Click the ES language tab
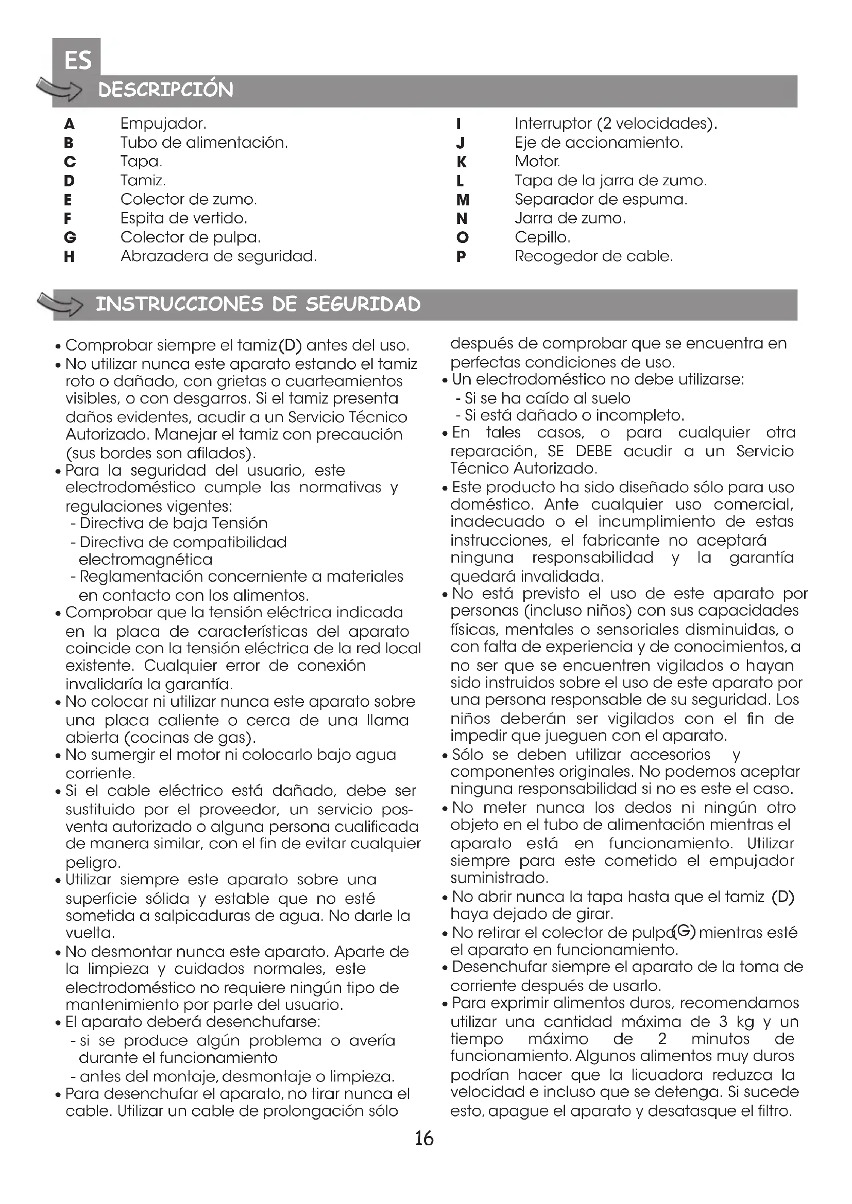(x=77, y=60)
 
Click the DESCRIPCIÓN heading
(x=166, y=90)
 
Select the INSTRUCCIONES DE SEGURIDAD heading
(x=258, y=304)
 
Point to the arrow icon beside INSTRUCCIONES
(x=60, y=305)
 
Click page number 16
(x=424, y=1138)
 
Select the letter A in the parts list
(x=69, y=124)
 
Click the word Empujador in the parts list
(x=163, y=124)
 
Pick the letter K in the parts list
(x=461, y=162)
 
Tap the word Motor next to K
(x=537, y=162)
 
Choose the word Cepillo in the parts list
(x=542, y=237)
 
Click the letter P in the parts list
(x=461, y=257)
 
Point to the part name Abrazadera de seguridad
(x=218, y=256)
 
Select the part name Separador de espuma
(x=601, y=200)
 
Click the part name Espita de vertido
(x=183, y=218)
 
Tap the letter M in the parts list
(x=463, y=200)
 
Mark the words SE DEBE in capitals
(x=580, y=451)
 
